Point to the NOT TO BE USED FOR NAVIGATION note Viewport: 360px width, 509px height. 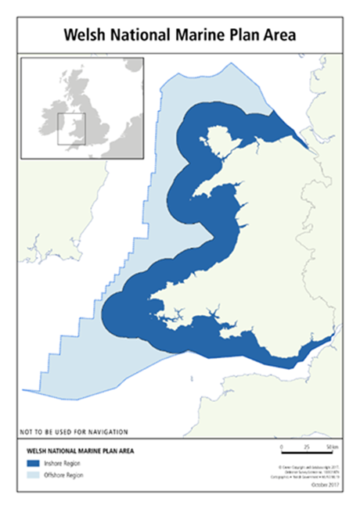[x=74, y=432]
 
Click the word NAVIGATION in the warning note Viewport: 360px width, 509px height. [x=110, y=432]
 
